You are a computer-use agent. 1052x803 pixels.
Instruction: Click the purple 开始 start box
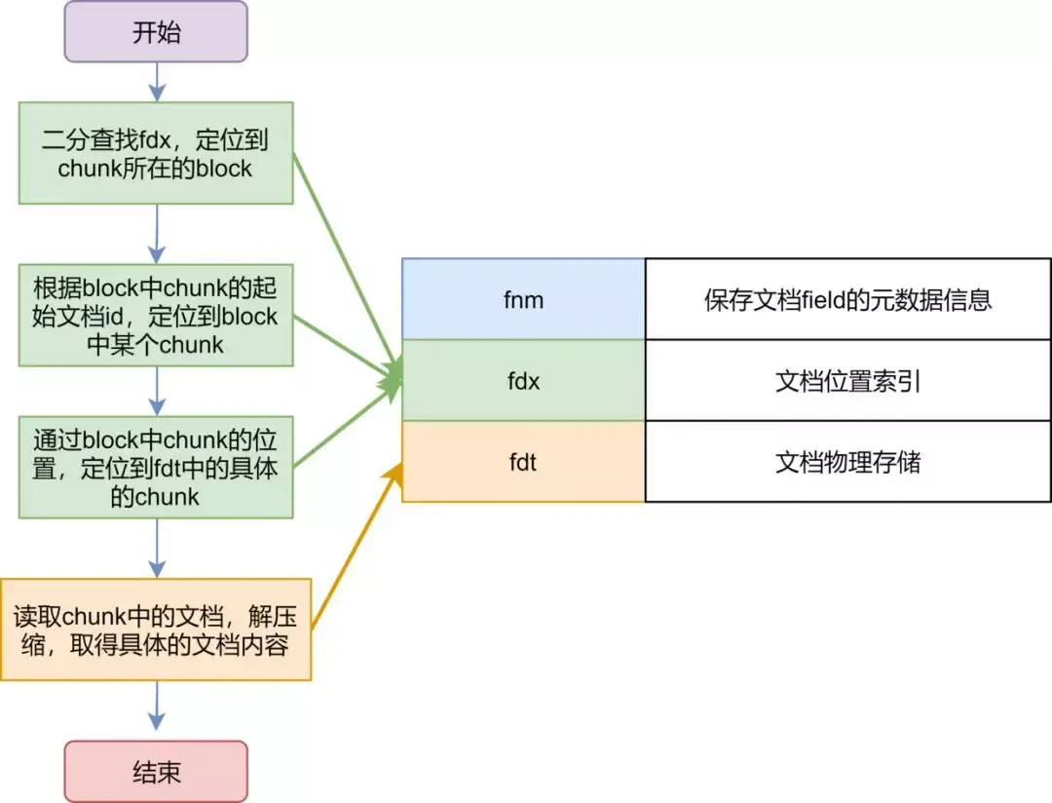click(156, 31)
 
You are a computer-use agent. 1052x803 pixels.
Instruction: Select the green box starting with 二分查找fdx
click(156, 153)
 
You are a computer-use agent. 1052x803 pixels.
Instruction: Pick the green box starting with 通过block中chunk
click(156, 468)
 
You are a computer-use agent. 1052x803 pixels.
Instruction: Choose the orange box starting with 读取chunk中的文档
click(156, 630)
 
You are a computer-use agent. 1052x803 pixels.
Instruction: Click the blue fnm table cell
click(523, 299)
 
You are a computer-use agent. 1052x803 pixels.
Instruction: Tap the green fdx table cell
click(523, 380)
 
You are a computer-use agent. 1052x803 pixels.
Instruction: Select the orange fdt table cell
click(523, 461)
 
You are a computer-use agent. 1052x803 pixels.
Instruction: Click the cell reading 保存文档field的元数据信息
click(847, 299)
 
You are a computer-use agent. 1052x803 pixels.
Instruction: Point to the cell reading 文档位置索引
click(847, 380)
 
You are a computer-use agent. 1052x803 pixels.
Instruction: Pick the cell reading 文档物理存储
click(847, 461)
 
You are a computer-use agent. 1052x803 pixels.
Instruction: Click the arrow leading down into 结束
click(156, 707)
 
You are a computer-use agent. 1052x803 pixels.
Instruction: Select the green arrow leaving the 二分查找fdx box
click(346, 263)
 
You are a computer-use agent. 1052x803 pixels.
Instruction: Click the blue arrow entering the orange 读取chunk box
click(156, 548)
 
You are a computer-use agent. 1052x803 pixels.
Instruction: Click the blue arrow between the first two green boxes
click(156, 233)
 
